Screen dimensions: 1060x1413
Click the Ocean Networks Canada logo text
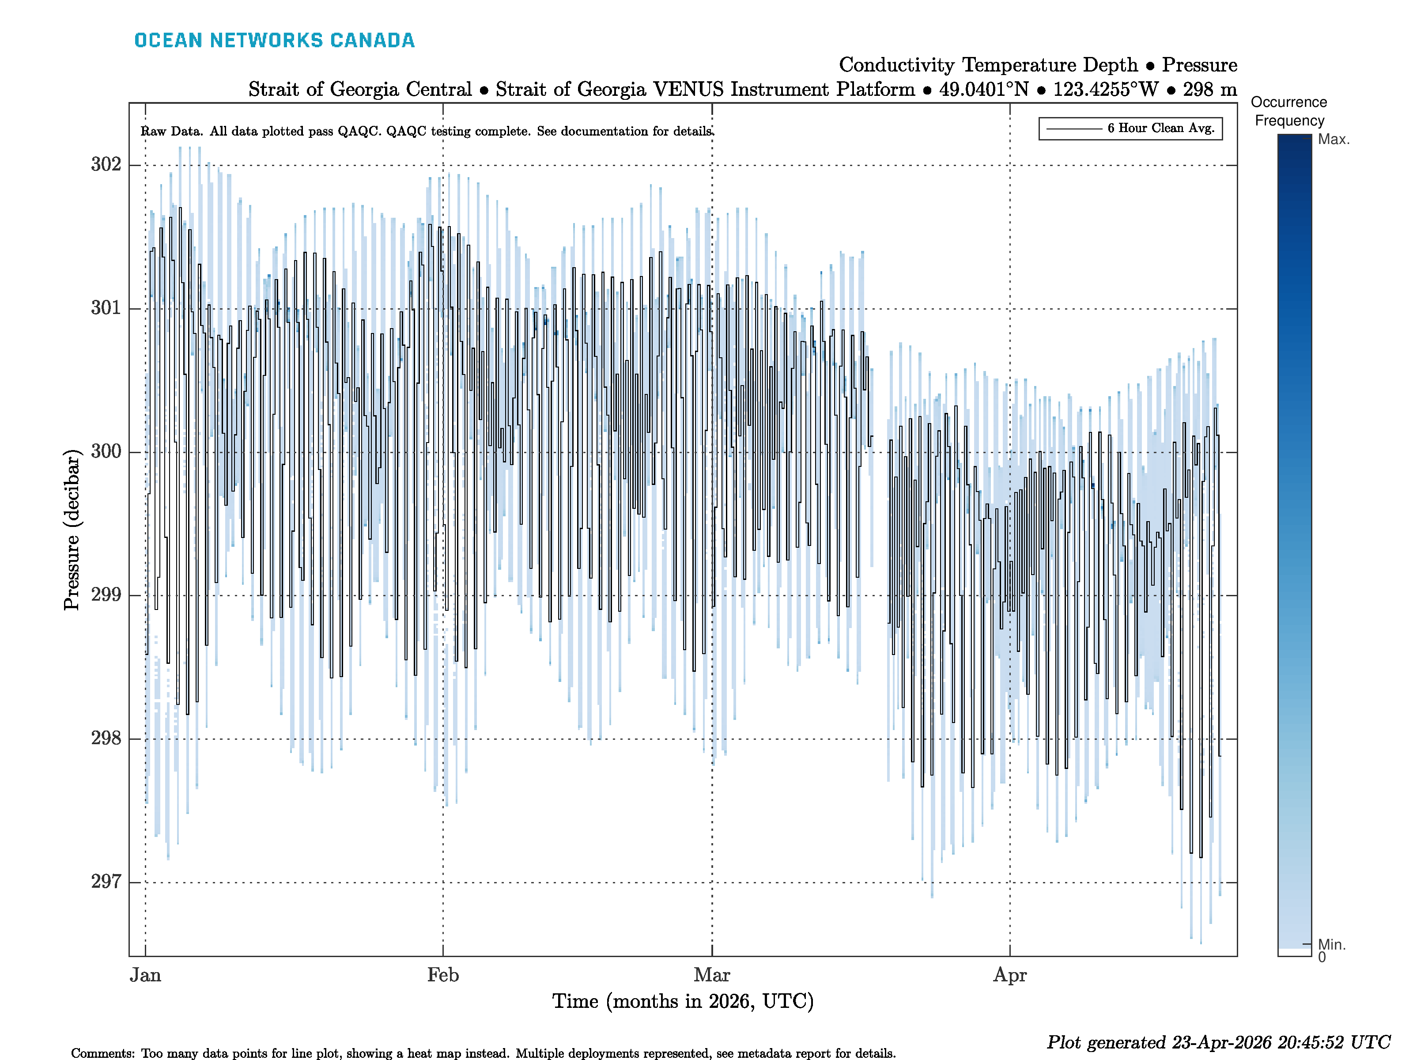pos(274,40)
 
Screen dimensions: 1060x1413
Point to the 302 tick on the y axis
pos(106,165)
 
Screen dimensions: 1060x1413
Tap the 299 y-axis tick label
pos(106,595)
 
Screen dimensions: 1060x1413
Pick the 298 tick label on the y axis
pos(106,738)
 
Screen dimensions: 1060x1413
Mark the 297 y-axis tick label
pos(106,882)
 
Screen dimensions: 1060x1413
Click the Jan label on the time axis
pos(146,975)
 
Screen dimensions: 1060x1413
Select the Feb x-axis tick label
pos(443,975)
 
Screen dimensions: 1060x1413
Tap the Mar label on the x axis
pos(712,975)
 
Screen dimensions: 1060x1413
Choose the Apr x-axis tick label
pos(1009,975)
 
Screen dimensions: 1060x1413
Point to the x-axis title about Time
pos(682,1001)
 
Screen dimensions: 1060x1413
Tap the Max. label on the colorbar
pos(1334,139)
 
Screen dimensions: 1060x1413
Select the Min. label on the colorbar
pos(1331,944)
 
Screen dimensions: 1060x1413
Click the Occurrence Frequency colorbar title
pos(1288,111)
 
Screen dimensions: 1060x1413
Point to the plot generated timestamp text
pos(1217,1043)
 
